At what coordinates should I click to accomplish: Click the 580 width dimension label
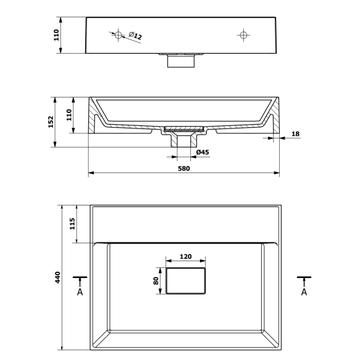(184, 169)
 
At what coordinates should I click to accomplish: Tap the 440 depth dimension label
(57, 277)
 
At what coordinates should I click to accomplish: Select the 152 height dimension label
(51, 122)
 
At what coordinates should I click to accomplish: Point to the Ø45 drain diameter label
(203, 153)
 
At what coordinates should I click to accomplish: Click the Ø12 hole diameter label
(135, 36)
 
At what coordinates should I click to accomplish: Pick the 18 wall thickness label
(296, 133)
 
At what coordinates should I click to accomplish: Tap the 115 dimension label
(72, 224)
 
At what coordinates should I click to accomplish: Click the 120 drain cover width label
(185, 256)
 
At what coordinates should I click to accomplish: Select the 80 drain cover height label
(156, 281)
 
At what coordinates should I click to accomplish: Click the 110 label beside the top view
(56, 35)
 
